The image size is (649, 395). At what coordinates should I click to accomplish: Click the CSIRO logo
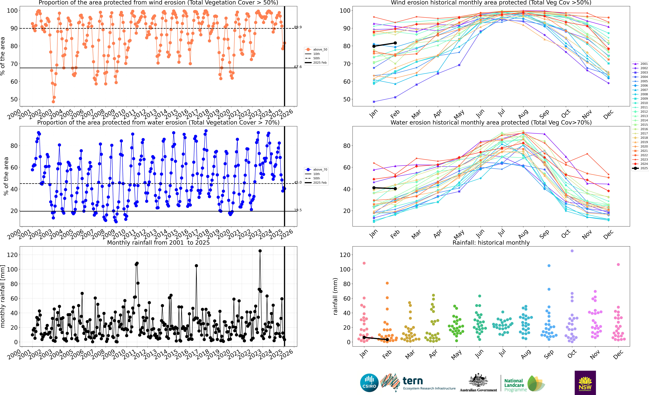pyautogui.click(x=369, y=383)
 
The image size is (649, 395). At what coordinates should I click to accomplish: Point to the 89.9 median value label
pyautogui.click(x=298, y=27)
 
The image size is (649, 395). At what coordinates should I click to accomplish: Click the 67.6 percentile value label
pyautogui.click(x=298, y=67)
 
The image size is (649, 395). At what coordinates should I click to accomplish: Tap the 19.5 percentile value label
pyautogui.click(x=298, y=210)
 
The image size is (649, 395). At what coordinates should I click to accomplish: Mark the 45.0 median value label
pyautogui.click(x=298, y=182)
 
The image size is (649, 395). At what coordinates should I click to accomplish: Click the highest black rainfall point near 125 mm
pyautogui.click(x=260, y=251)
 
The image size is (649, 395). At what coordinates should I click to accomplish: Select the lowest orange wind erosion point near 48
pyautogui.click(x=53, y=102)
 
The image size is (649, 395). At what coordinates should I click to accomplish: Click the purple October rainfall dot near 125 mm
pyautogui.click(x=572, y=251)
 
